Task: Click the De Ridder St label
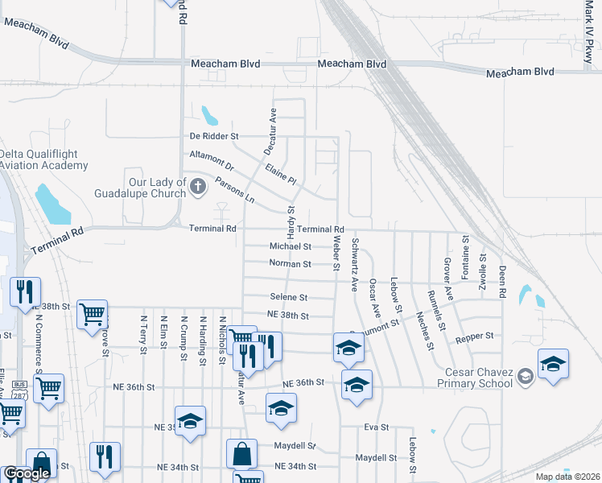click(x=214, y=137)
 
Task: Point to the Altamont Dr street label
click(x=211, y=159)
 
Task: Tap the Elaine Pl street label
click(x=281, y=171)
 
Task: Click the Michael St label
click(x=290, y=246)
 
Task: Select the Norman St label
click(x=290, y=264)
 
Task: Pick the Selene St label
click(x=289, y=297)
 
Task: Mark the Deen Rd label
click(x=501, y=282)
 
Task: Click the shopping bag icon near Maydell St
click(x=242, y=454)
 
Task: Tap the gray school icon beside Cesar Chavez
click(x=526, y=377)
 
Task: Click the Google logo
click(x=27, y=474)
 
